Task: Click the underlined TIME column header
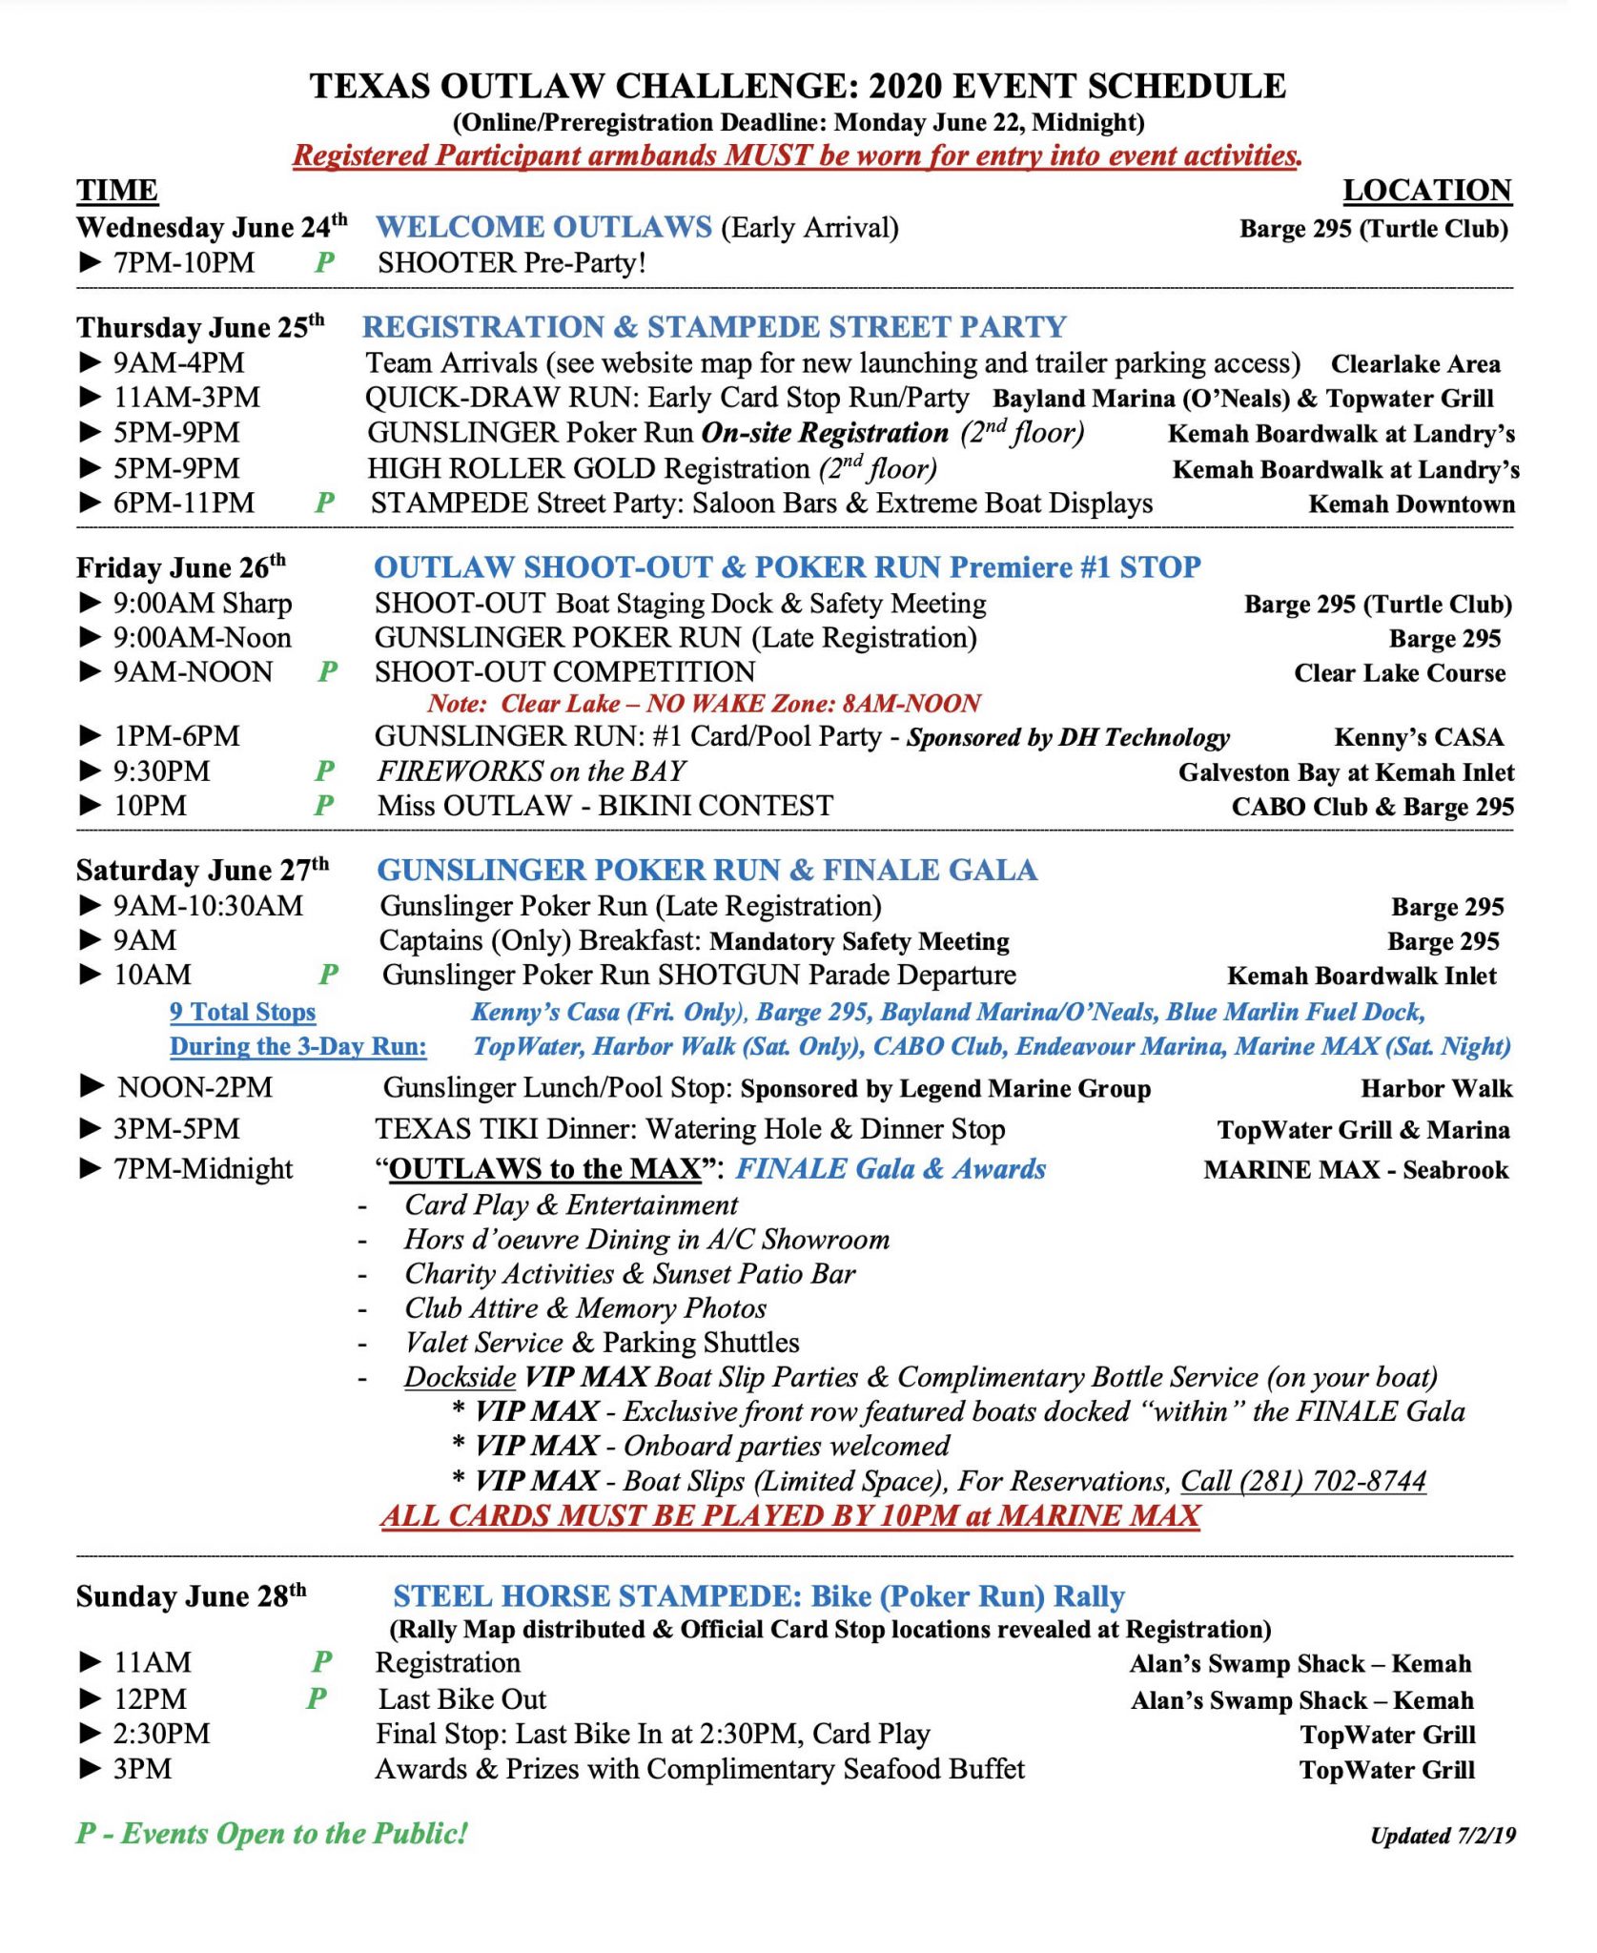point(117,191)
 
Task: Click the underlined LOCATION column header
point(1426,191)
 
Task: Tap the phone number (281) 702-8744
point(1302,1481)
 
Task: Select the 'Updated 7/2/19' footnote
point(1443,1836)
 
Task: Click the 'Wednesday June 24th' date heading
point(211,228)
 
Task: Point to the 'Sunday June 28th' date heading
point(191,1596)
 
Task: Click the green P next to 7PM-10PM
point(324,263)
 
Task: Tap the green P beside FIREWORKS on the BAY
point(324,771)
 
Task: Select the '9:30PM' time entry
point(161,771)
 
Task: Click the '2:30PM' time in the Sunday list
point(161,1734)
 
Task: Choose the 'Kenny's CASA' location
point(1419,737)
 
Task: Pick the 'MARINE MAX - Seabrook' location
point(1356,1170)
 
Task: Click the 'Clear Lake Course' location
point(1400,673)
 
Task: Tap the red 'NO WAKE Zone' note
point(704,704)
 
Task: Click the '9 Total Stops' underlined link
point(242,1012)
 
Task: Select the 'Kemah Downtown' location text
point(1411,504)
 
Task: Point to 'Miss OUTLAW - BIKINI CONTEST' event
point(604,806)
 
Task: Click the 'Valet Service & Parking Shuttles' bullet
point(602,1343)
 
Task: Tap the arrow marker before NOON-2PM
point(92,1086)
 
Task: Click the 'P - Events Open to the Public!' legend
point(272,1833)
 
